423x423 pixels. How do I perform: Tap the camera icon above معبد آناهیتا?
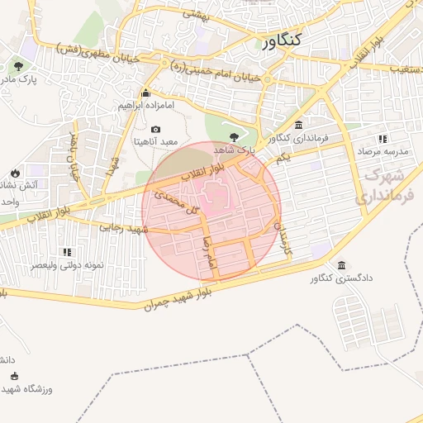155,129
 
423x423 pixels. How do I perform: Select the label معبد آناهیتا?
155,142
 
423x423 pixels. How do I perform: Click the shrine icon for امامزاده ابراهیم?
145,93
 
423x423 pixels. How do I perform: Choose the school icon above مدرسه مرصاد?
382,139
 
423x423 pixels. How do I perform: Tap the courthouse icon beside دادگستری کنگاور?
317,278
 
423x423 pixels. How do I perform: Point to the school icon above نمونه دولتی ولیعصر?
66,252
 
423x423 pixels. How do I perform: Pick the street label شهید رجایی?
123,227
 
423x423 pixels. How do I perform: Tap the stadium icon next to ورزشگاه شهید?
14,376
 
